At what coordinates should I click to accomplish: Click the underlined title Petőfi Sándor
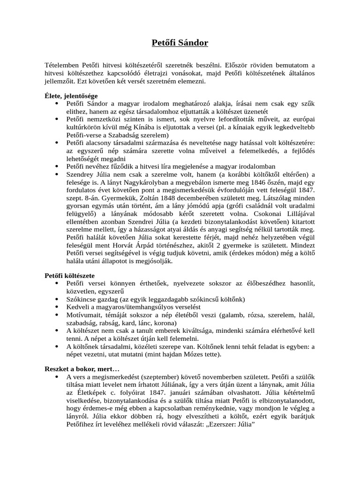click(x=180, y=43)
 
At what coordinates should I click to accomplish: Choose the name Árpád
click(x=152, y=246)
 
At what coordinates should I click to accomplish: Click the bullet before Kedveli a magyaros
click(x=57, y=307)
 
